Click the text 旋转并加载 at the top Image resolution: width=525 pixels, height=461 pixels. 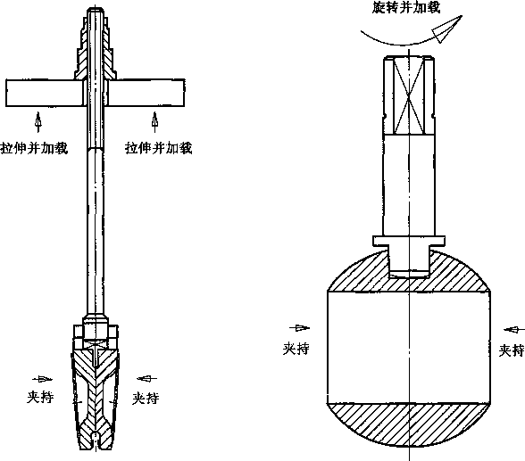point(406,7)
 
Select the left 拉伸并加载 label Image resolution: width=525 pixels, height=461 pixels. point(35,148)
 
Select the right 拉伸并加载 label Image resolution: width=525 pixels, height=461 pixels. point(159,148)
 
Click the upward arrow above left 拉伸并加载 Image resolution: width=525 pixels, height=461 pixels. point(38,122)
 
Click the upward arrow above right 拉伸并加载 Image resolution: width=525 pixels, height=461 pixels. point(154,122)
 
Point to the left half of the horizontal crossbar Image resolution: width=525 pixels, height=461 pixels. point(45,93)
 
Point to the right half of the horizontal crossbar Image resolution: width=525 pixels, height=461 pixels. point(146,93)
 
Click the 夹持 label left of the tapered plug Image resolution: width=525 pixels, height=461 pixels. point(40,397)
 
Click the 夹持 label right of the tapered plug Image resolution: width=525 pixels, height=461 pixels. point(146,399)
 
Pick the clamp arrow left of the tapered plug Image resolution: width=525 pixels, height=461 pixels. point(43,379)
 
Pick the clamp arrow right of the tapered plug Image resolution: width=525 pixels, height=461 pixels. point(146,378)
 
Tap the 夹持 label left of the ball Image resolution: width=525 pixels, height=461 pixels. point(296,349)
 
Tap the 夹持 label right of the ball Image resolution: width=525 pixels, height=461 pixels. point(512,350)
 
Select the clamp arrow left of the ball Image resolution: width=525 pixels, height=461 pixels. point(300,328)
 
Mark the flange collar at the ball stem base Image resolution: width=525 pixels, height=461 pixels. point(409,241)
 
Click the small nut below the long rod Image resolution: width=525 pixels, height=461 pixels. point(96,331)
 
